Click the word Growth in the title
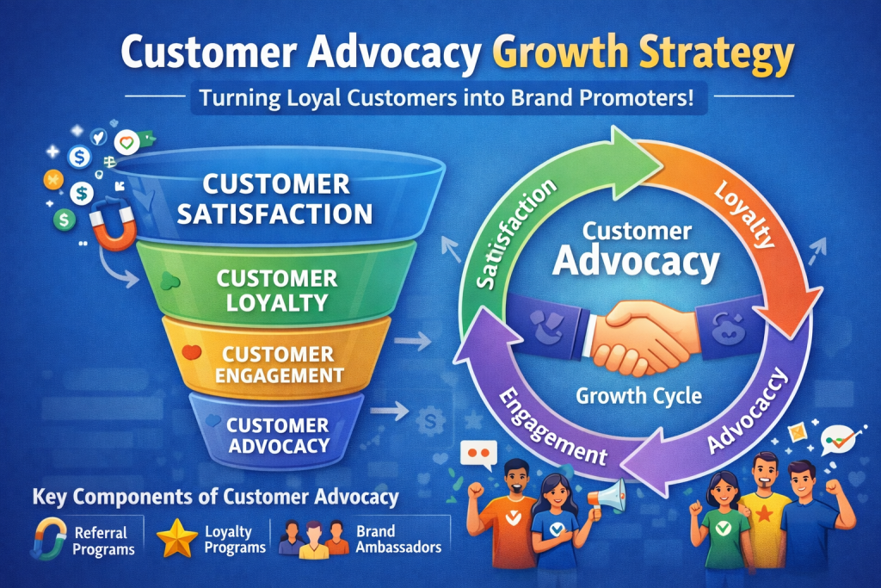click(x=560, y=53)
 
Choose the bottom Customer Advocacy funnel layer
click(x=277, y=431)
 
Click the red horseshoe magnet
click(x=114, y=224)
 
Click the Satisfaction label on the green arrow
click(x=516, y=235)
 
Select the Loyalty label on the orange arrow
click(x=745, y=214)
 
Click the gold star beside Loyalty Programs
click(x=177, y=538)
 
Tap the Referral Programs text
click(x=104, y=541)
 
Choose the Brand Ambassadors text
click(x=398, y=539)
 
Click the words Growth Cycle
click(x=639, y=396)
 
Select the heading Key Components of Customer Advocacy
click(x=216, y=497)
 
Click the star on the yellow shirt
click(x=764, y=513)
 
